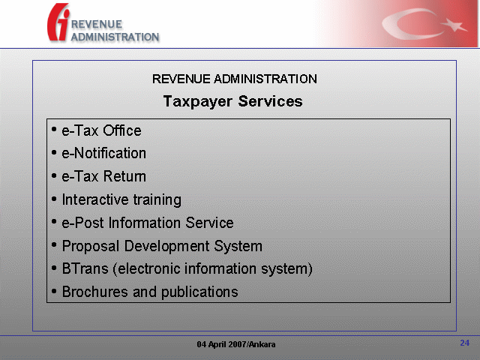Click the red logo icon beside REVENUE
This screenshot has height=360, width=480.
tap(58, 22)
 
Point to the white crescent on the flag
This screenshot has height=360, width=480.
tap(407, 24)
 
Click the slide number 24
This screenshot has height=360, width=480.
tap(465, 343)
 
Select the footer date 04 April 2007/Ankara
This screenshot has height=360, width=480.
tap(236, 344)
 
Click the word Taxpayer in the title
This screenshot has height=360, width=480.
tap(198, 102)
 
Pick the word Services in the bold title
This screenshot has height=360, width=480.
tap(270, 101)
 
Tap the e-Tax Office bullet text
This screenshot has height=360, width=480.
tap(102, 130)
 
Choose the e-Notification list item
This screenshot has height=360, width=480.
tap(103, 153)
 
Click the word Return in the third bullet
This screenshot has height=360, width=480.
tap(124, 176)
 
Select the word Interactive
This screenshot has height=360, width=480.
tap(94, 199)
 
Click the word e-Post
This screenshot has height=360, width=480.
tap(82, 223)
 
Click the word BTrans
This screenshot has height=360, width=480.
tap(85, 268)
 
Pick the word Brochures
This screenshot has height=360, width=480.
tap(95, 292)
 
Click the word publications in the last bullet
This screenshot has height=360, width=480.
tap(199, 292)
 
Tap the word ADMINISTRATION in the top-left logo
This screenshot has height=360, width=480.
tap(115, 37)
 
